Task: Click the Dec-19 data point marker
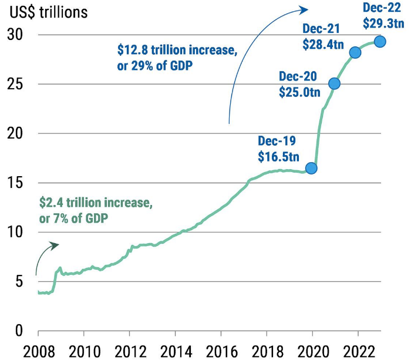(311, 168)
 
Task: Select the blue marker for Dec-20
(334, 83)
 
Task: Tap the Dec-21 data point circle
(355, 53)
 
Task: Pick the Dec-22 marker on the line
(380, 41)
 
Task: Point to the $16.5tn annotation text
(278, 156)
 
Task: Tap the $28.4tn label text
(322, 43)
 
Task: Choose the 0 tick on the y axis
(19, 331)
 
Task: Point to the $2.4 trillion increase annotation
(96, 210)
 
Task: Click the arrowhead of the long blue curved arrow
(305, 9)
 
